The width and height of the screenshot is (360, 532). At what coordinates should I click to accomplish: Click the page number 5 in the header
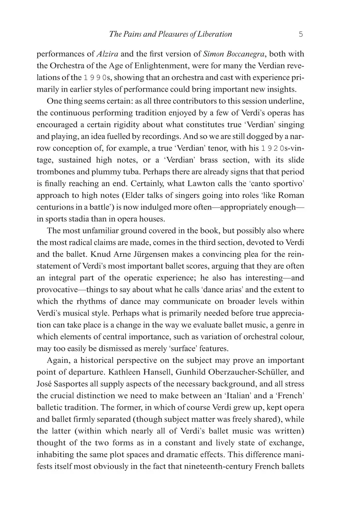300,34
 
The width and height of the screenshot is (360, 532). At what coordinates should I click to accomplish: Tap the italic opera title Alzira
108,54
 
